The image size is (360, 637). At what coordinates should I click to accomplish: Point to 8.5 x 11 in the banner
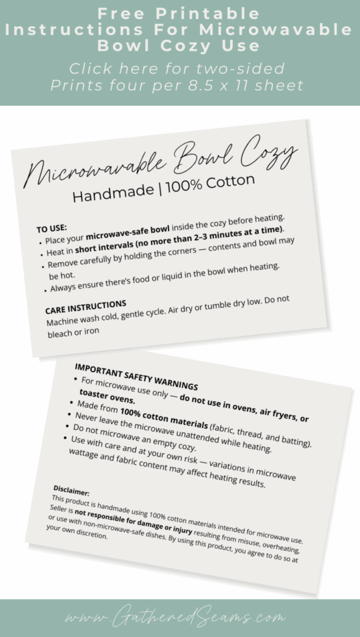tap(261, 85)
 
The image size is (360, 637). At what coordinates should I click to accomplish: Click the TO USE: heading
tap(52, 228)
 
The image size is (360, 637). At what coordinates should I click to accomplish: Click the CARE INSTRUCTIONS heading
tap(86, 305)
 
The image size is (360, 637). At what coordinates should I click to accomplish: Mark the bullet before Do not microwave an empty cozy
tap(68, 427)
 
